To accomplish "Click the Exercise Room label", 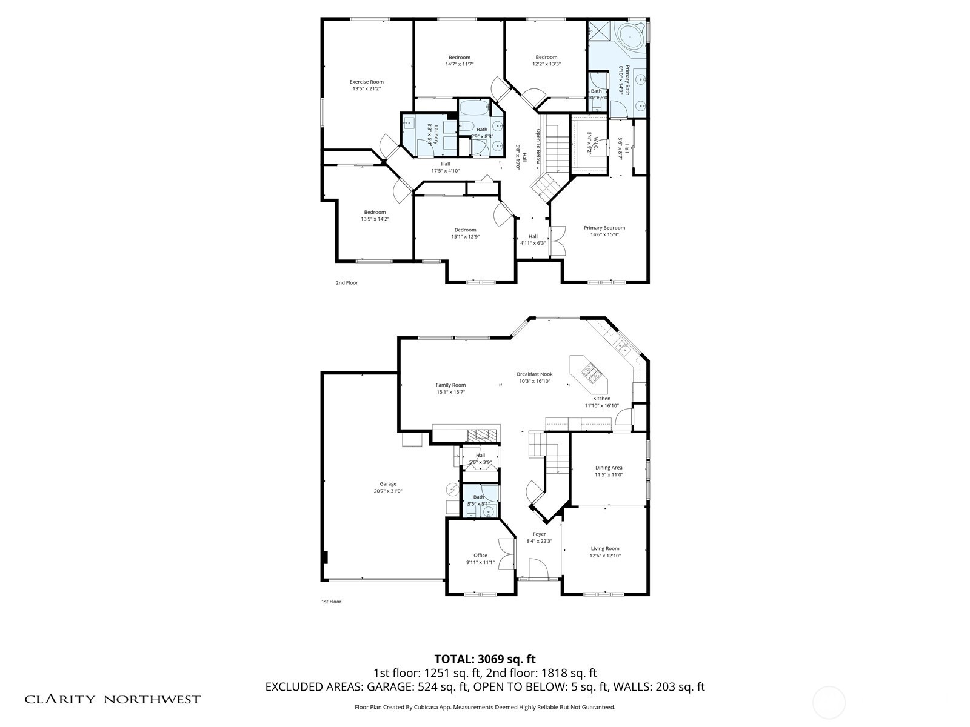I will (x=366, y=82).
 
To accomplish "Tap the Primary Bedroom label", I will (x=604, y=228).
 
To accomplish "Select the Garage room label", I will (x=388, y=484).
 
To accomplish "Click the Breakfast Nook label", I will (x=534, y=374).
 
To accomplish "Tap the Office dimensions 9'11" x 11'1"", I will (x=480, y=563).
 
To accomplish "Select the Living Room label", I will (x=604, y=549).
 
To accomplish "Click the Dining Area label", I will (x=608, y=468).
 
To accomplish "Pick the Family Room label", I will (x=450, y=385).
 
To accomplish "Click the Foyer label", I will (x=539, y=534).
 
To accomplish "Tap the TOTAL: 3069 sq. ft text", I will (x=484, y=659).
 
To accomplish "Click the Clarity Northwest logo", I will (x=112, y=699).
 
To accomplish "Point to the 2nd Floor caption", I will (x=347, y=283).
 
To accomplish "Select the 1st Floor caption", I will (x=331, y=602).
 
